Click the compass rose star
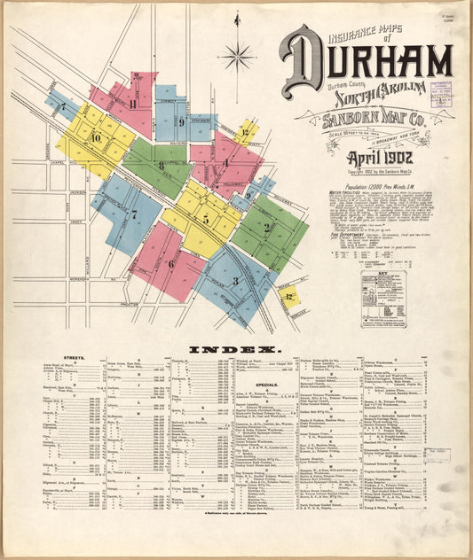[x=237, y=58]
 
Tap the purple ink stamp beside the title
[x=440, y=94]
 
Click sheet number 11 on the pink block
[x=132, y=104]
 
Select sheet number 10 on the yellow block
[x=95, y=138]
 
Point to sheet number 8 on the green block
[x=161, y=165]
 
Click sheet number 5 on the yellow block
[x=205, y=219]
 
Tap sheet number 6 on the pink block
[x=170, y=263]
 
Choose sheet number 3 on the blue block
[x=235, y=281]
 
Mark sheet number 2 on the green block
[x=266, y=227]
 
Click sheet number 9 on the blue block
[x=181, y=122]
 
